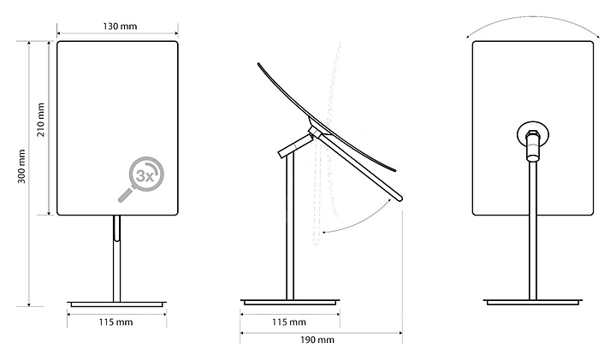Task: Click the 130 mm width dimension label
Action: click(x=118, y=27)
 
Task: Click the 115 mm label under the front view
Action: click(x=116, y=323)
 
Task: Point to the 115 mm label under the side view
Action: click(x=289, y=323)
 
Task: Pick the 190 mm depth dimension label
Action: click(x=318, y=339)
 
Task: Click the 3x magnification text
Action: click(x=146, y=177)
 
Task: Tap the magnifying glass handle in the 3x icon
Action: click(x=125, y=197)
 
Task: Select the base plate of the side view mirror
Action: click(x=290, y=302)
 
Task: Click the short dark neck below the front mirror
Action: click(x=116, y=228)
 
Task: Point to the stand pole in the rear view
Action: click(x=533, y=231)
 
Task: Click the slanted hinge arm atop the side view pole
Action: click(x=296, y=144)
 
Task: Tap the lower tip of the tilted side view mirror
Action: click(x=399, y=198)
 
